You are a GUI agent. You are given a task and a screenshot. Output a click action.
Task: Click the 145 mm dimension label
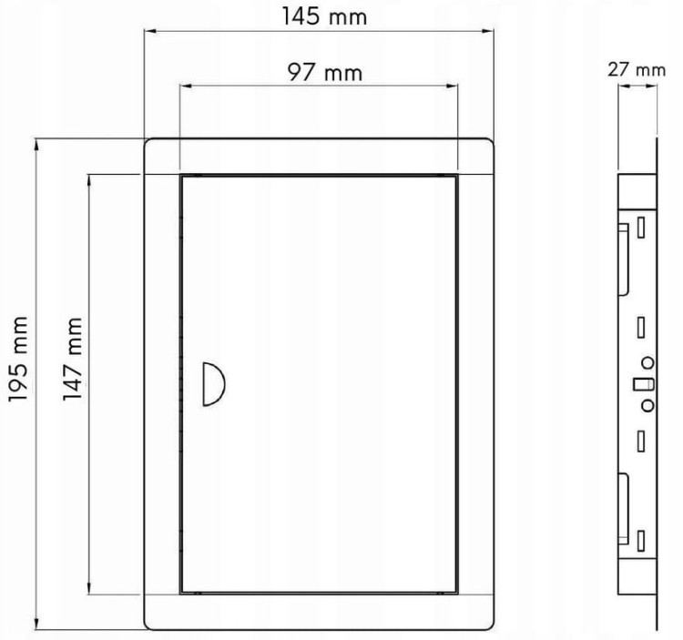point(324,16)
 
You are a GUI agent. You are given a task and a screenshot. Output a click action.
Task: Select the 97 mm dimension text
point(325,72)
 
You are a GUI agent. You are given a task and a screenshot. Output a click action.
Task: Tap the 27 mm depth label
point(637,70)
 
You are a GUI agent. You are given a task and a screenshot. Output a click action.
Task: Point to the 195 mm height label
point(19,360)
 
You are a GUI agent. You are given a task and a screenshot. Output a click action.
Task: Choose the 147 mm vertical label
point(72,360)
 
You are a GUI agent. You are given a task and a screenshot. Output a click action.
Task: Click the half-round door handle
point(214,383)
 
